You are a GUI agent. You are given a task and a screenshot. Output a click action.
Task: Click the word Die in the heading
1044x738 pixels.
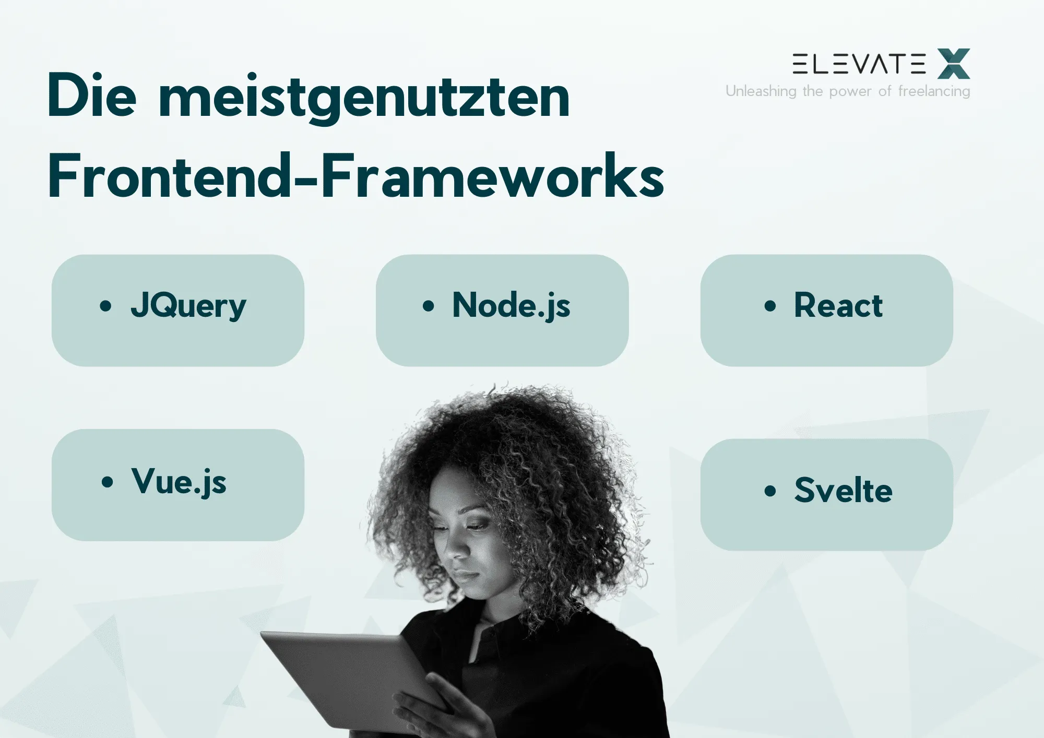[92, 97]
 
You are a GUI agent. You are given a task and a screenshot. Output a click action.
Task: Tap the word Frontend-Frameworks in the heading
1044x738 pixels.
[355, 176]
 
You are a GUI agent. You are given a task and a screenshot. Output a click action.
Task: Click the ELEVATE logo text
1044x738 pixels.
[859, 64]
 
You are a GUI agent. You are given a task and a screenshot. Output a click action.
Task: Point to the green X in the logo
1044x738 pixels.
[953, 64]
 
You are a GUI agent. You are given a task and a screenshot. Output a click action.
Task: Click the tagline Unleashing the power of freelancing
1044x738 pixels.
[848, 91]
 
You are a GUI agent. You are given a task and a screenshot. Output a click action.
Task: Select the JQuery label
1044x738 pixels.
[188, 305]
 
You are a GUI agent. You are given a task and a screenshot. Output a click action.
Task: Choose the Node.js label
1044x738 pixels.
[511, 305]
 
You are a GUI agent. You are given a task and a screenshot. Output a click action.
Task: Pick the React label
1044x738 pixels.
[838, 305]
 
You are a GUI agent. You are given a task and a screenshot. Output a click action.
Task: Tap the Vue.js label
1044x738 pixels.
[179, 481]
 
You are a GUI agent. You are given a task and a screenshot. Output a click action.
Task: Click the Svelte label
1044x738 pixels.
[843, 491]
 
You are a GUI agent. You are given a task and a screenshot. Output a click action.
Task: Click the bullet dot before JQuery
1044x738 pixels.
[105, 306]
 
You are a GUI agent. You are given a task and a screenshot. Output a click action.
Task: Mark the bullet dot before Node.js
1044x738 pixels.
[428, 306]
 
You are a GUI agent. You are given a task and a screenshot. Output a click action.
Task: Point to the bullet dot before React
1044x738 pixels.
[770, 306]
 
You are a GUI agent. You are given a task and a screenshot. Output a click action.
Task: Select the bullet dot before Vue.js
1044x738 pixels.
[107, 482]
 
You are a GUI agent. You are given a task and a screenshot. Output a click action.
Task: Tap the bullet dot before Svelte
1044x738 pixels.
[770, 491]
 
